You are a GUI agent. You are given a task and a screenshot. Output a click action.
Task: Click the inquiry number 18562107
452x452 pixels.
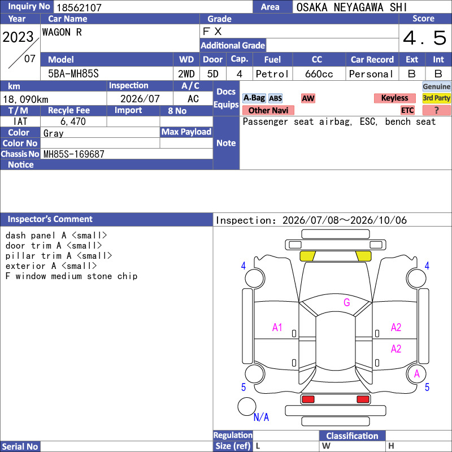(x=79, y=7)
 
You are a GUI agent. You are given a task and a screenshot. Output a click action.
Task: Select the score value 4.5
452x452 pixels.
(x=424, y=38)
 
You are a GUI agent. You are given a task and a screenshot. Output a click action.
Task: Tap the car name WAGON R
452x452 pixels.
(x=62, y=32)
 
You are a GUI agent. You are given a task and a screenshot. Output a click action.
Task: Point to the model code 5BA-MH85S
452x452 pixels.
(x=73, y=74)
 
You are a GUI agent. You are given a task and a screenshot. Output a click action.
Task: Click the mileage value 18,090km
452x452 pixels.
(x=25, y=99)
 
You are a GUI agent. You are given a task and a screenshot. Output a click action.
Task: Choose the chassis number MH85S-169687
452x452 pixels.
(x=74, y=154)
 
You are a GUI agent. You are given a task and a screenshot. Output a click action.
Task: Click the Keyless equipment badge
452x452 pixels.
(x=394, y=98)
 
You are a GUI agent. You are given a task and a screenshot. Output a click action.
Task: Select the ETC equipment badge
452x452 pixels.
(x=407, y=110)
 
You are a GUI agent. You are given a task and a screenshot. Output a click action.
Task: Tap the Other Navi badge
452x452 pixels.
(x=268, y=110)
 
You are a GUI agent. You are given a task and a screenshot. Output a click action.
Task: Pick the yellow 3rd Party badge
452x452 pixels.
(x=436, y=98)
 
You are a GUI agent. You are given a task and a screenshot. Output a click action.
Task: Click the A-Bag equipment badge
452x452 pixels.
(x=254, y=98)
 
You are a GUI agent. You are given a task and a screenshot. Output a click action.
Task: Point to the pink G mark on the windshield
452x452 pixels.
(x=347, y=302)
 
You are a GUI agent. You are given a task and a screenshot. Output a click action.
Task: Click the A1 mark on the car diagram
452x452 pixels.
(x=277, y=328)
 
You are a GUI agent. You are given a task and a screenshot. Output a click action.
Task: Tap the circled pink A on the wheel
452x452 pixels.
(x=417, y=374)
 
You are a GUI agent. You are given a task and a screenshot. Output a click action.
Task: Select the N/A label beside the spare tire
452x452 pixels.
(x=261, y=417)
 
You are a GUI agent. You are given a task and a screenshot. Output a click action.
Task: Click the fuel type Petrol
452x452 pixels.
(x=272, y=74)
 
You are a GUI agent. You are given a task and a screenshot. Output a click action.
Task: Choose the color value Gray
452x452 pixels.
(x=53, y=133)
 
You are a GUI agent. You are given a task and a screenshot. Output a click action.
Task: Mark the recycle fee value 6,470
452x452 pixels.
(x=73, y=121)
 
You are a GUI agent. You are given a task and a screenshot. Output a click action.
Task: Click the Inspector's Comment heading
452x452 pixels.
(x=50, y=219)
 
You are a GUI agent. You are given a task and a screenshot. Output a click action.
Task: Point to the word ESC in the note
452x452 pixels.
(x=368, y=121)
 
